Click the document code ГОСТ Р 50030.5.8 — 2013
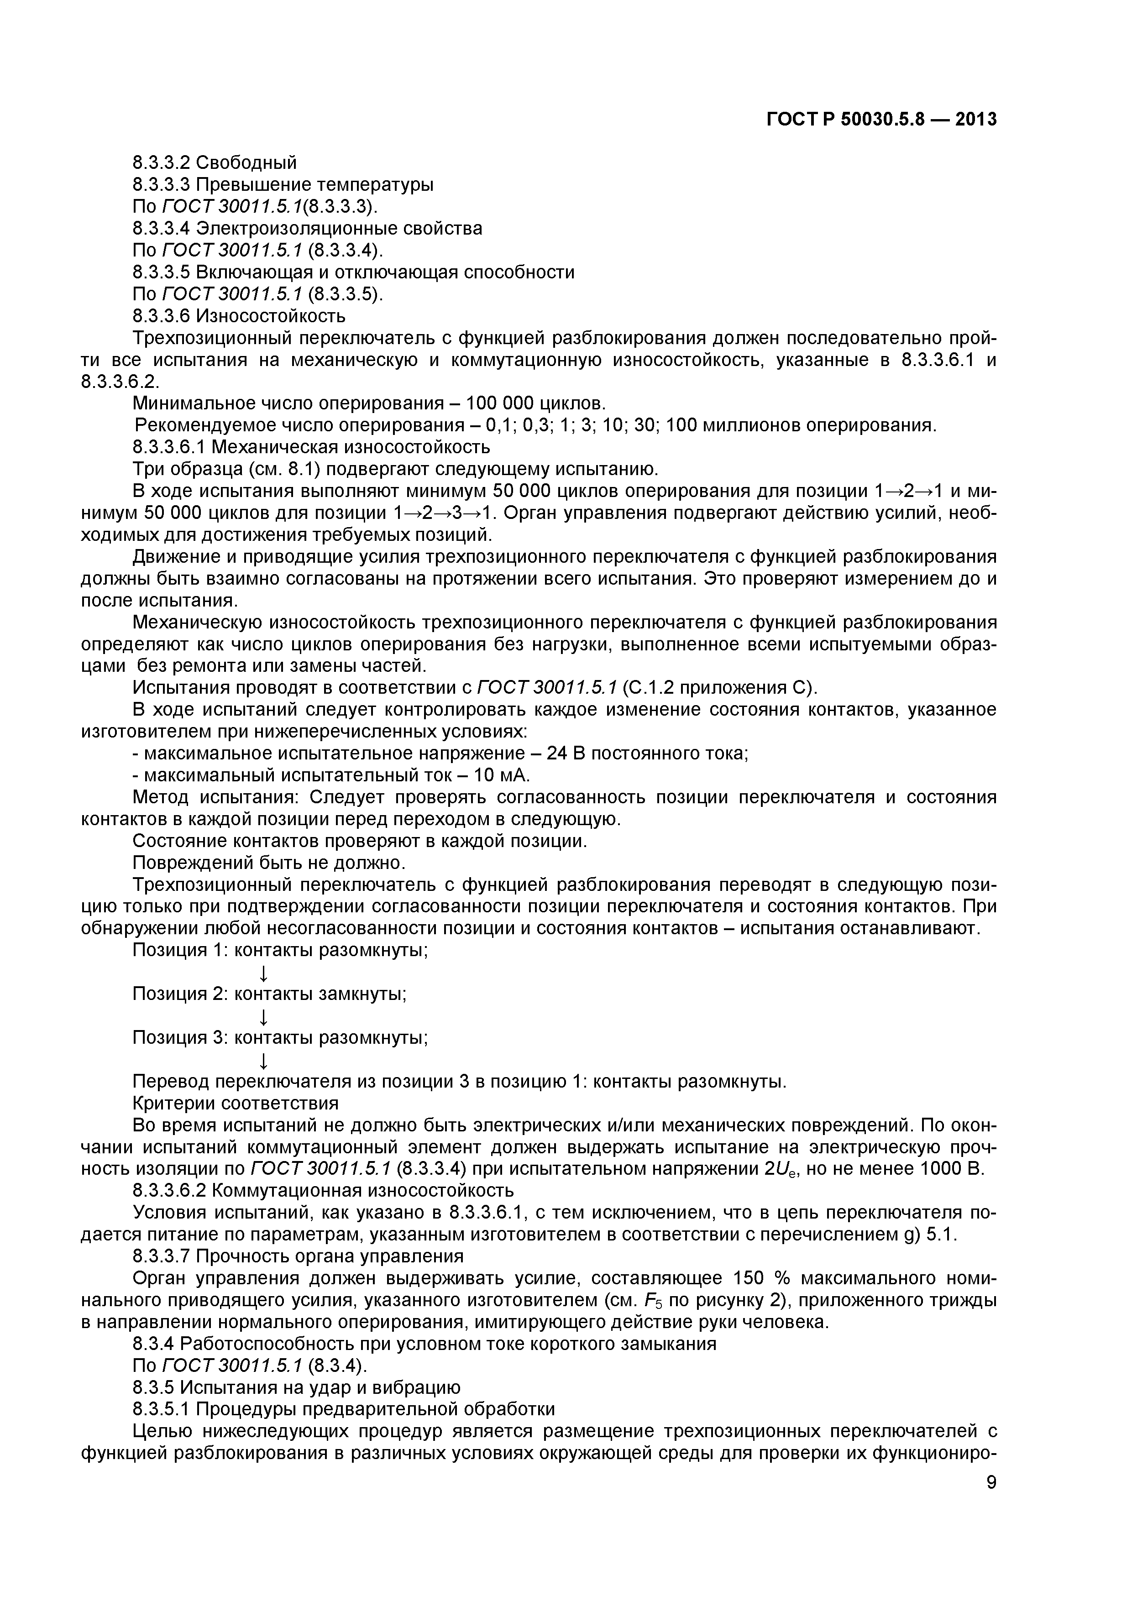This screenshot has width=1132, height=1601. click(x=881, y=120)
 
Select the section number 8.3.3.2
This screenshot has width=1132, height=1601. click(x=162, y=162)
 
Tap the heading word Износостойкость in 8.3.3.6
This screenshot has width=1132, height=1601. click(x=271, y=316)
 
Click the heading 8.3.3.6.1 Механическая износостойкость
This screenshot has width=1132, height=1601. click(x=311, y=446)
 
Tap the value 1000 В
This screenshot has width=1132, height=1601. click(x=952, y=1169)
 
